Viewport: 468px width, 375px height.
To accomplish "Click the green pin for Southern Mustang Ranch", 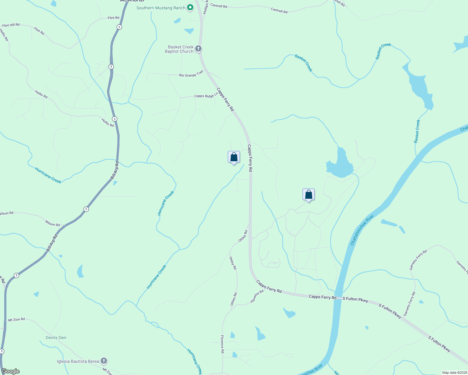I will pos(190,7).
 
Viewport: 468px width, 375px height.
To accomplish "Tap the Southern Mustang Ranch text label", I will pos(161,8).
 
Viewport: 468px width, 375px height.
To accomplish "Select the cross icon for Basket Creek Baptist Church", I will pos(198,49).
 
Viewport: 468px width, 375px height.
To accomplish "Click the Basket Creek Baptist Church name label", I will pos(180,49).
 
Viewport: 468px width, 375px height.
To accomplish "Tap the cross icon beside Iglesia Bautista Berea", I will pos(104,361).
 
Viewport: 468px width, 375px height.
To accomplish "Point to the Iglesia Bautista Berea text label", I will pos(78,362).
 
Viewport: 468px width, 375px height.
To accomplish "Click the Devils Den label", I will pos(56,337).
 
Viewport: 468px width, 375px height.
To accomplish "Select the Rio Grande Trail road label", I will pos(191,74).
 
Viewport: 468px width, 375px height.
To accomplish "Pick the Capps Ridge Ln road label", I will pos(206,96).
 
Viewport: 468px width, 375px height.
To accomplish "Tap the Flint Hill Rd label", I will pos(11,25).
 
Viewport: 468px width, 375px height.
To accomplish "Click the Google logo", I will pos(11,371).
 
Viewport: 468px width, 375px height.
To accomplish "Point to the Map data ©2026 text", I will pos(454,372).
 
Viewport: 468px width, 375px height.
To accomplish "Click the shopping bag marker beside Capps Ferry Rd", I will pos(234,157).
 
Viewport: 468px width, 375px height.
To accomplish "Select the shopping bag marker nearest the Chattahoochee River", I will pos(308,195).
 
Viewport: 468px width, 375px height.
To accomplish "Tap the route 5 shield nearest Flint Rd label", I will pos(119,27).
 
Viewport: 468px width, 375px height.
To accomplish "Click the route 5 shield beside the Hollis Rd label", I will pos(115,119).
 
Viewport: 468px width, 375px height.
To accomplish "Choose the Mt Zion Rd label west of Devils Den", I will pos(16,320).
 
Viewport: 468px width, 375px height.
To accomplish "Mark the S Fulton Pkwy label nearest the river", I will pos(355,299).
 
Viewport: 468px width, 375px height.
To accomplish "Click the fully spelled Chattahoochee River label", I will pos(362,230).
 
